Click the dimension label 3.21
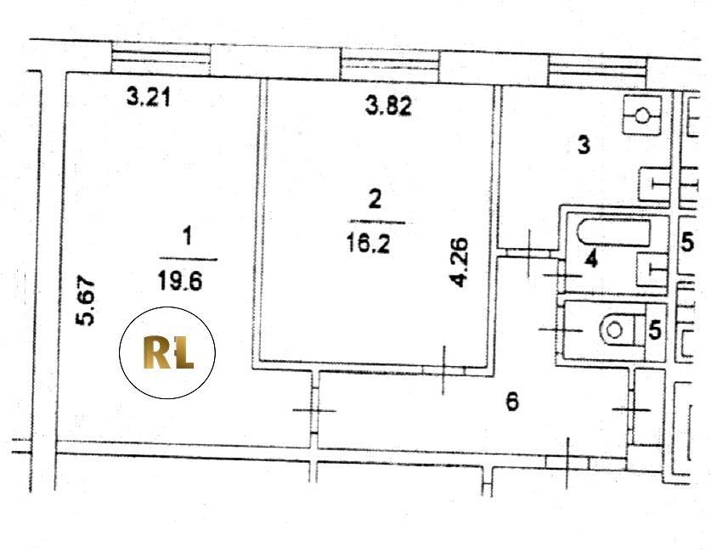(150, 97)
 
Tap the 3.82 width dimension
(388, 106)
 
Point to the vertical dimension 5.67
(86, 304)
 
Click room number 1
(189, 232)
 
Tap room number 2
(375, 200)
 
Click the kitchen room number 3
(584, 145)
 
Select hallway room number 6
(512, 402)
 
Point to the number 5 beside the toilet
(654, 330)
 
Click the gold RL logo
(167, 353)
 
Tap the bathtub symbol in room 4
(612, 230)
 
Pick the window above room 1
(162, 59)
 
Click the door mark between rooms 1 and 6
(314, 409)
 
